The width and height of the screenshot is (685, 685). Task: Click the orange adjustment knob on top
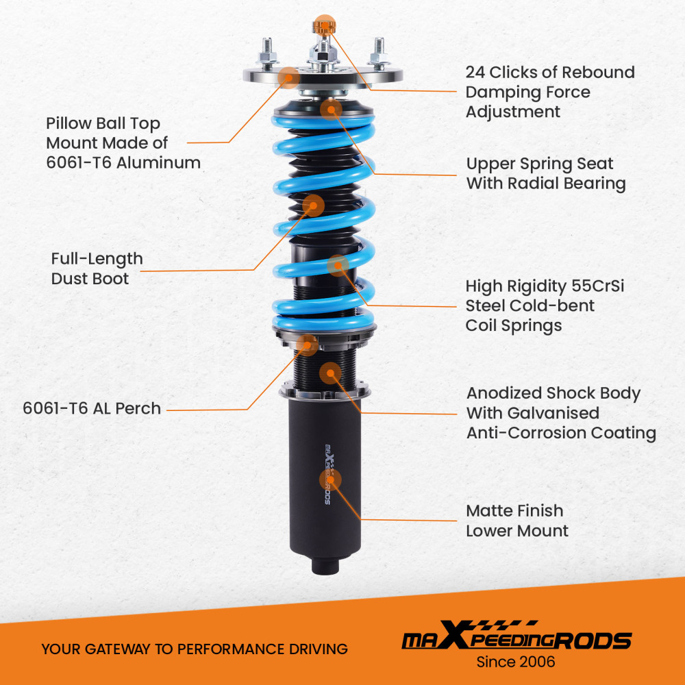point(321,27)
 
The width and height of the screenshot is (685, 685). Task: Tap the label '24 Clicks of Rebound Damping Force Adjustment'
point(550,92)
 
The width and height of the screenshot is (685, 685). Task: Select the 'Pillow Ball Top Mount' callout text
point(123,143)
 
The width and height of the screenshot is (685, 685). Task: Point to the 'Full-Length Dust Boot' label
point(97,269)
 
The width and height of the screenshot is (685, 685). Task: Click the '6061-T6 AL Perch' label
point(92,409)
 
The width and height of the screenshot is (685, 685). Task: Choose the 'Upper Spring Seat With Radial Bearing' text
point(546,174)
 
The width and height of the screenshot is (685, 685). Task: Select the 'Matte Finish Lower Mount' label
point(517,521)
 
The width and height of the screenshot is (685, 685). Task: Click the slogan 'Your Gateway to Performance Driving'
point(194,649)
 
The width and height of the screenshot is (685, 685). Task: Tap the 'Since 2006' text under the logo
point(516,662)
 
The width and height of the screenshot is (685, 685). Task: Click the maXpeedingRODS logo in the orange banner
point(516,639)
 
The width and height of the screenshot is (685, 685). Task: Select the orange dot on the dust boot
point(313,205)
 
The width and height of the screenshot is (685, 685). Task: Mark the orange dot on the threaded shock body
point(331,373)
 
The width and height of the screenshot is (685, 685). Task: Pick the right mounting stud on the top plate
point(377,53)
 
